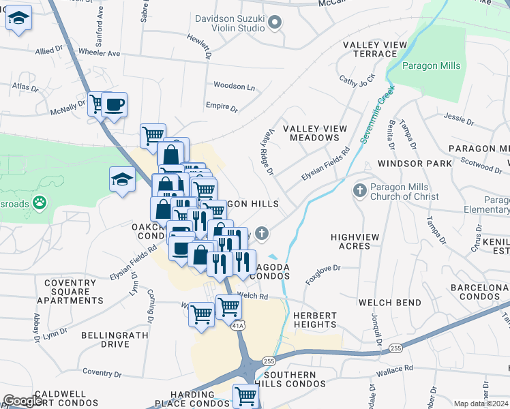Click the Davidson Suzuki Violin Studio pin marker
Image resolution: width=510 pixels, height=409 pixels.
pyautogui.click(x=275, y=23)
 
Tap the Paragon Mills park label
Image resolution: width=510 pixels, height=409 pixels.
pyautogui.click(x=431, y=66)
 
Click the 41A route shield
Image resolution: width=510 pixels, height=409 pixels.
pyautogui.click(x=237, y=327)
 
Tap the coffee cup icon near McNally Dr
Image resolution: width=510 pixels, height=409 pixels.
pyautogui.click(x=115, y=104)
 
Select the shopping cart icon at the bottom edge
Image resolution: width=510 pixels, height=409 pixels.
pyautogui.click(x=245, y=395)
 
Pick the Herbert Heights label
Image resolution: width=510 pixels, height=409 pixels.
pyautogui.click(x=315, y=320)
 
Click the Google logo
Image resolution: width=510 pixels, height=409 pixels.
pyautogui.click(x=23, y=401)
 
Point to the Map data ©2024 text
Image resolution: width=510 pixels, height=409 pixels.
pyautogui.click(x=480, y=404)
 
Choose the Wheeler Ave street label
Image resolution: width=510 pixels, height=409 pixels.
pyautogui.click(x=99, y=52)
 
